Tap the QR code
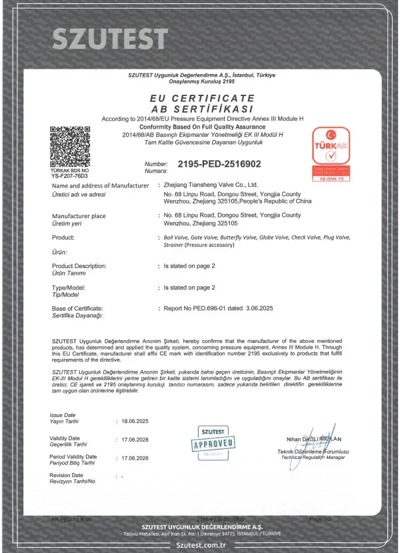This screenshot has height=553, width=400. pos(69,144)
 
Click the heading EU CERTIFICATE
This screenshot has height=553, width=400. pos(199,99)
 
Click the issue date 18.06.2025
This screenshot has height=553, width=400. pos(135,421)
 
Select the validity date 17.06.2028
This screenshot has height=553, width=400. pos(135,440)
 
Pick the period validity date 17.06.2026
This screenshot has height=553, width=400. pos(135,459)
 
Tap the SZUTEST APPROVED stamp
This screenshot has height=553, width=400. pos(213,441)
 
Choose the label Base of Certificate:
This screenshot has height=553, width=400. pos(77,309)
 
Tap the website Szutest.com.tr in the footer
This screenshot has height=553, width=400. pos(200,544)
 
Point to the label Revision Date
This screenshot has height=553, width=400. pos(66,475)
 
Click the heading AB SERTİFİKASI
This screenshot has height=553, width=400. pos(199,109)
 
